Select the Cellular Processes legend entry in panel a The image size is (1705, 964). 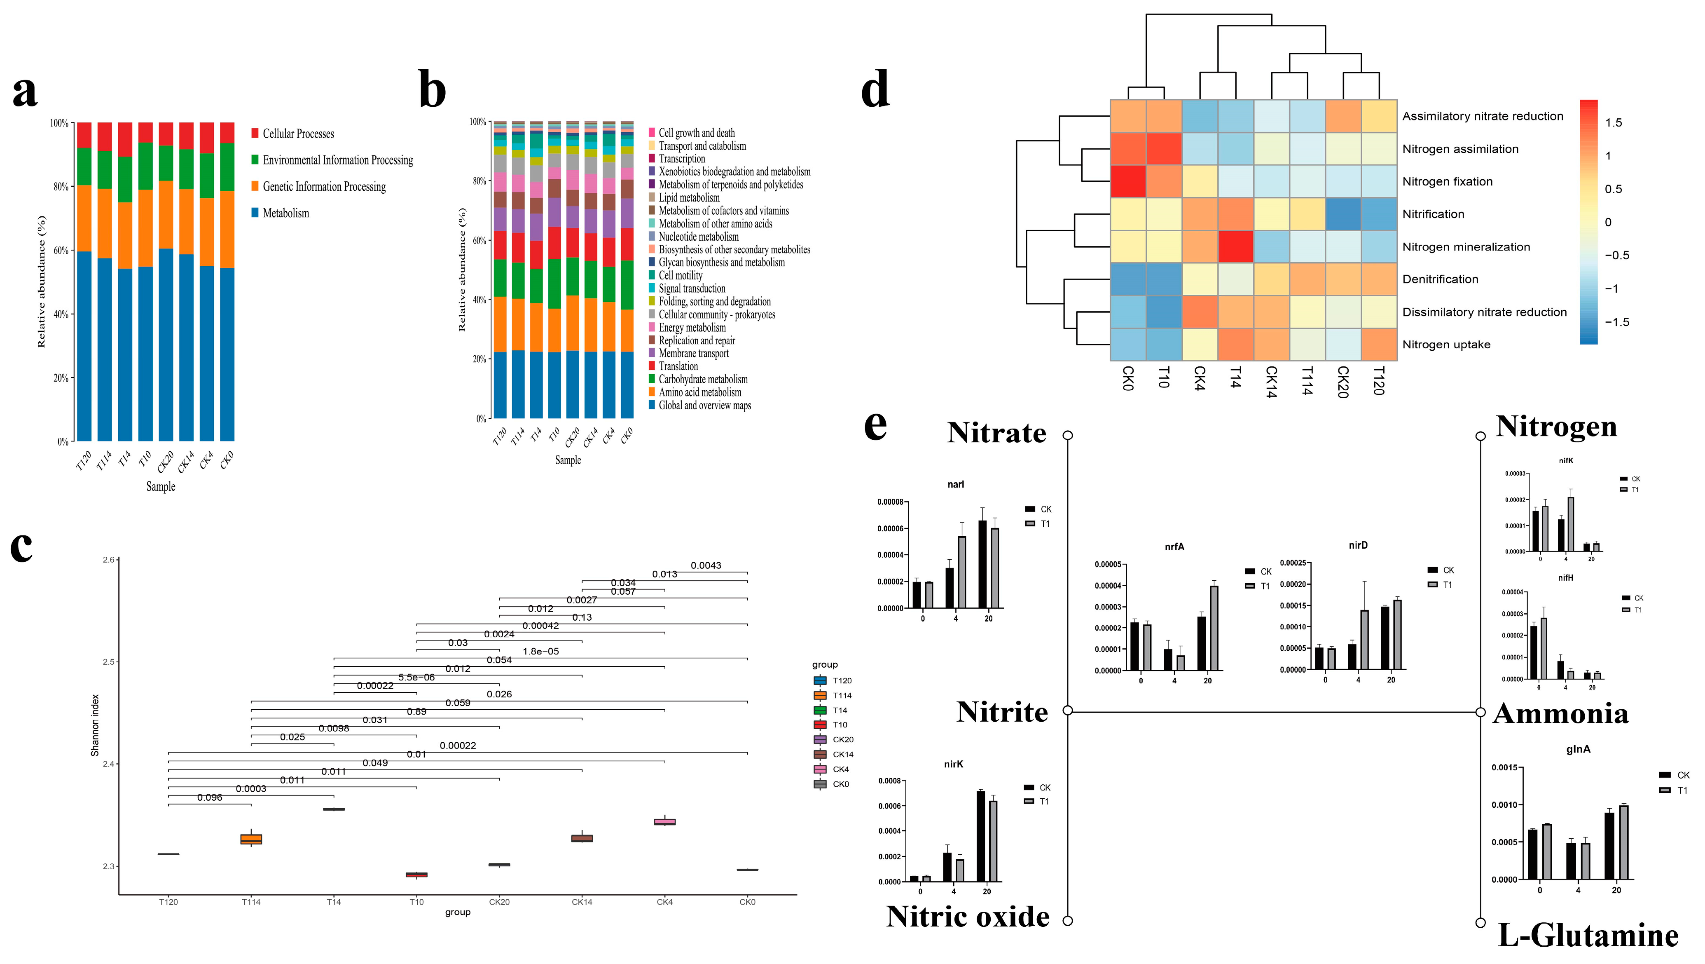tap(298, 134)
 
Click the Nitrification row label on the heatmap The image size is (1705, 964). tap(1433, 214)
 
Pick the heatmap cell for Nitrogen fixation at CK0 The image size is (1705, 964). tap(1128, 181)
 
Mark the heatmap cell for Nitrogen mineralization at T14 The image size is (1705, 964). tap(1235, 246)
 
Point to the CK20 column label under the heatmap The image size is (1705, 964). tap(1342, 382)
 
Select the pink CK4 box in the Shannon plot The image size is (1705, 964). tap(664, 822)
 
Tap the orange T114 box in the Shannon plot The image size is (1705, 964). tap(251, 839)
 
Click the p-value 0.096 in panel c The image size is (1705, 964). tap(209, 797)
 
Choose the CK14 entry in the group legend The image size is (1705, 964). tap(842, 754)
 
